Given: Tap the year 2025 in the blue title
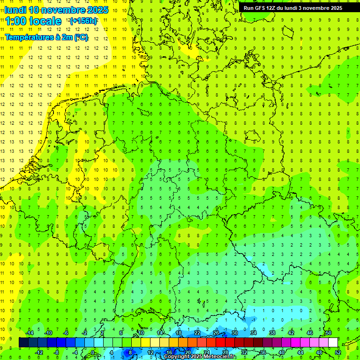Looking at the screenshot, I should [97, 10].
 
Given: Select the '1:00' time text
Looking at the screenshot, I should [15, 21].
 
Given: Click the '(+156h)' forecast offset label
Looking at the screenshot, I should [83, 21].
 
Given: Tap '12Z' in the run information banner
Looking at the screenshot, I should [273, 8].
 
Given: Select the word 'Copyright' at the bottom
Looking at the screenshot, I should [177, 357].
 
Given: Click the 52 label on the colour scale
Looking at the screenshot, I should [337, 352].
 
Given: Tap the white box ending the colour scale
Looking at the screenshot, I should [333, 343].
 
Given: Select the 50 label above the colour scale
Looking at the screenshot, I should [328, 333].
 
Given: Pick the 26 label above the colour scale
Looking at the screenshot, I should [216, 333].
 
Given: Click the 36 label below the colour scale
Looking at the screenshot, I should [262, 352].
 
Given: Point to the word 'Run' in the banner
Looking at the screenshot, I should [249, 8].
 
